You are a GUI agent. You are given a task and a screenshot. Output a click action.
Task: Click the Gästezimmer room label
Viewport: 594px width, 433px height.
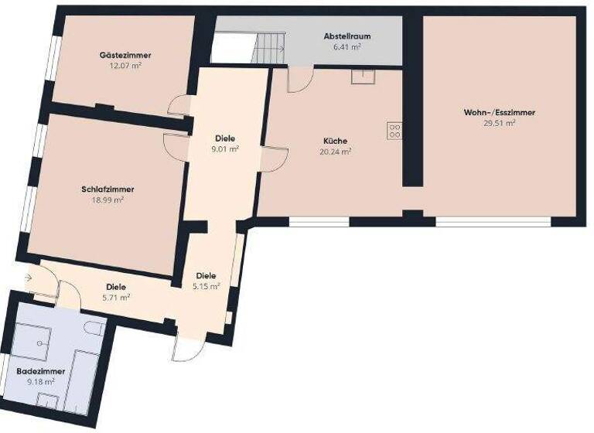(x=125, y=56)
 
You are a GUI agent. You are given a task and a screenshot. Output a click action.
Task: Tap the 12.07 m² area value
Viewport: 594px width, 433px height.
(x=125, y=66)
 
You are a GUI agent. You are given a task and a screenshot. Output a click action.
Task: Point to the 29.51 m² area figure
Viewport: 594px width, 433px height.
(x=500, y=122)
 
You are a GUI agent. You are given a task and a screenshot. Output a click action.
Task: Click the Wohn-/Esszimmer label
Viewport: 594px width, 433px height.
(x=500, y=112)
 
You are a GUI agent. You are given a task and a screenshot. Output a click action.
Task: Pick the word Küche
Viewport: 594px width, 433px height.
(x=336, y=141)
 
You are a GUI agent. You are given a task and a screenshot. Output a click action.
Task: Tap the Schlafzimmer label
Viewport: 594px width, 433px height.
(x=108, y=189)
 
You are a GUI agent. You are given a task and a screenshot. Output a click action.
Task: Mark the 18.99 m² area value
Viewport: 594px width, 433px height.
(x=108, y=199)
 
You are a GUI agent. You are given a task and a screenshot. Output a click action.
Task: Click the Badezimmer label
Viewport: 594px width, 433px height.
(x=40, y=371)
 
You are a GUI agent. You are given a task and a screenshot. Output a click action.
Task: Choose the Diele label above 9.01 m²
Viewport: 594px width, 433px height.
(x=226, y=138)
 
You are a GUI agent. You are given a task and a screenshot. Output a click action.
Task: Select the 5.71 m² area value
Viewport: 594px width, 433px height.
(x=115, y=296)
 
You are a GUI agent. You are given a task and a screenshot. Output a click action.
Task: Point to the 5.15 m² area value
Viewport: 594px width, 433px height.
(x=207, y=286)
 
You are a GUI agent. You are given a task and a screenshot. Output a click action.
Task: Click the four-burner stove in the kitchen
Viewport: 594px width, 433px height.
(x=394, y=131)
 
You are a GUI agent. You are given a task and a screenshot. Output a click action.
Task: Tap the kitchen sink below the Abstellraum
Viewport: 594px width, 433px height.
(x=361, y=76)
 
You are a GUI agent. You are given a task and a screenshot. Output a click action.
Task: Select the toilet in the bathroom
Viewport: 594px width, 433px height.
(x=96, y=329)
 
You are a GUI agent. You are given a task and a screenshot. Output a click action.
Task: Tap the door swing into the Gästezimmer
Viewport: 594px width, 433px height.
(x=179, y=105)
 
